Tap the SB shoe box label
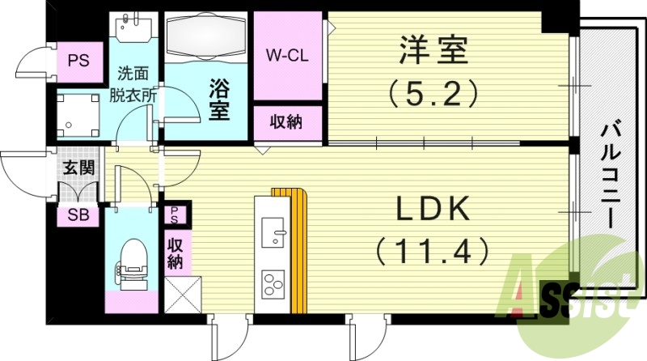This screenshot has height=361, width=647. click(x=78, y=216)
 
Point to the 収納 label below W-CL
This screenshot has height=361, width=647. click(x=286, y=123)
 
